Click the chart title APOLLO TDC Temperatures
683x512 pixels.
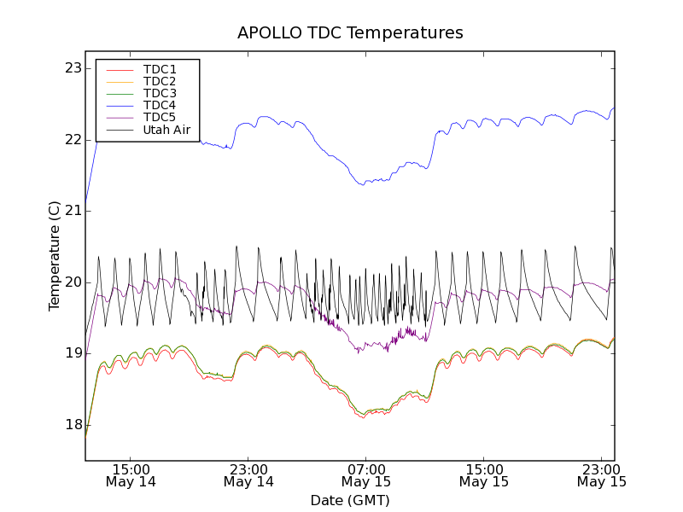(350, 33)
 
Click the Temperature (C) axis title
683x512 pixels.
(54, 256)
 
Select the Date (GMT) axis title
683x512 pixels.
(350, 500)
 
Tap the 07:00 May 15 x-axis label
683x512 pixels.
(365, 475)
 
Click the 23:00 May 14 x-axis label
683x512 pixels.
(248, 475)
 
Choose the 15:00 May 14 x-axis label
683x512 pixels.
(131, 475)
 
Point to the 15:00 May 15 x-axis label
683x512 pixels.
(483, 475)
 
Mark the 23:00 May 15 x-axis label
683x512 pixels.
(601, 475)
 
